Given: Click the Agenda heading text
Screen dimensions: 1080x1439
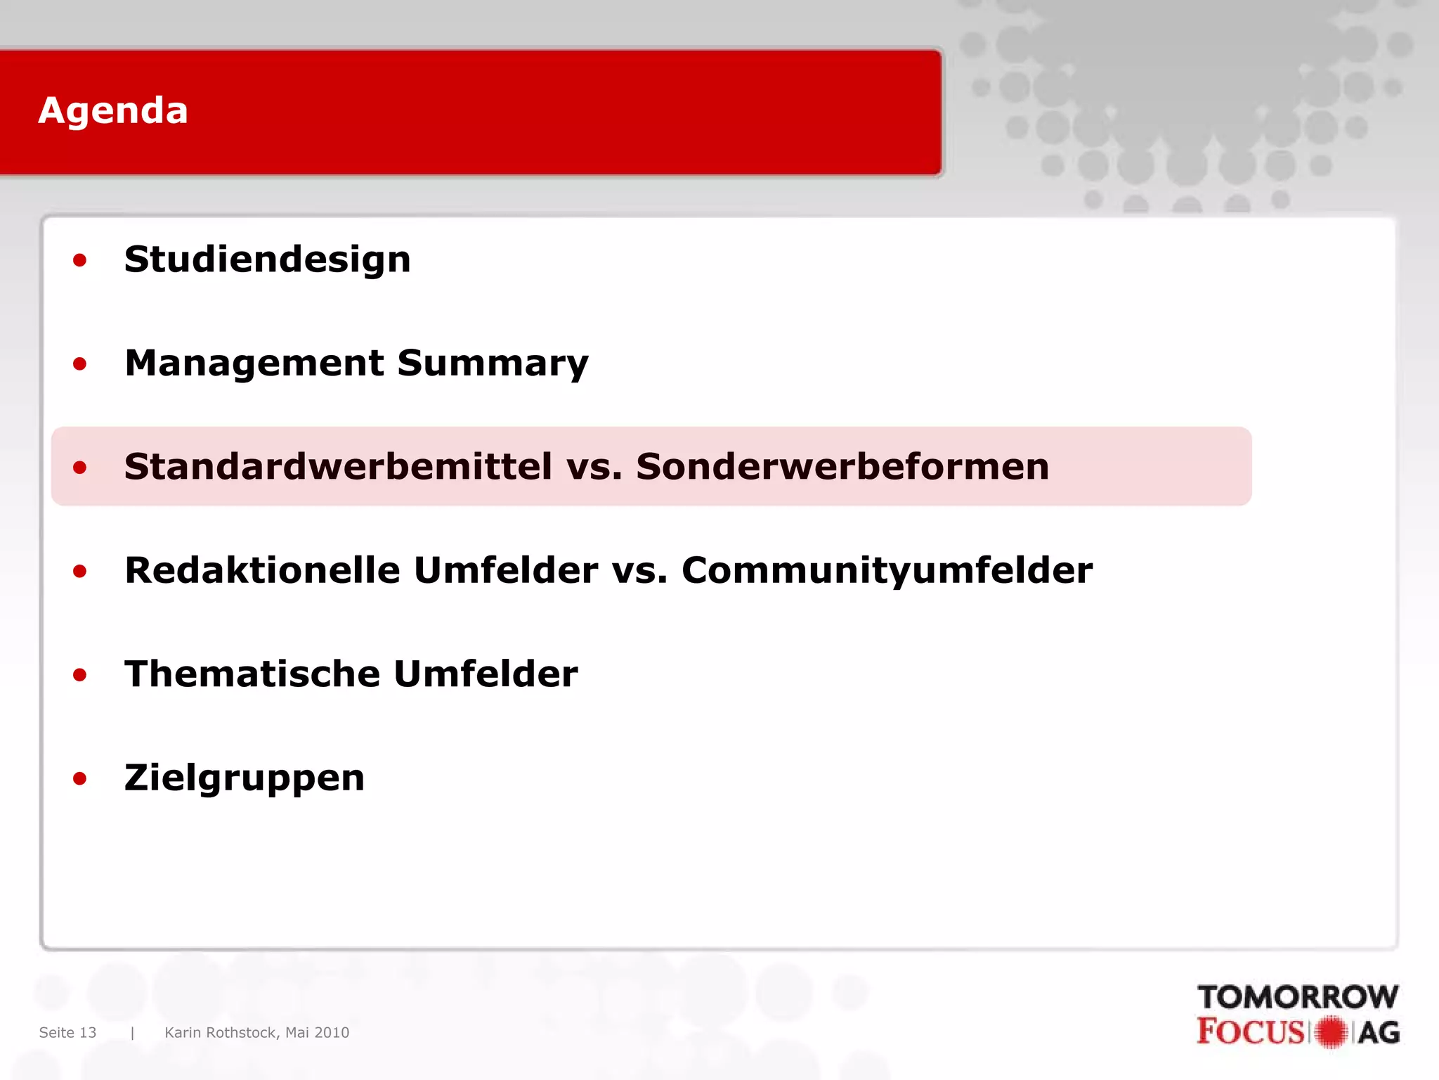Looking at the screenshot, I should (113, 111).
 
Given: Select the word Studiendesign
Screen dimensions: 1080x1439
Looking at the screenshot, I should (267, 259).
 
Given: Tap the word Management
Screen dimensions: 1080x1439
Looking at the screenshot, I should (254, 364).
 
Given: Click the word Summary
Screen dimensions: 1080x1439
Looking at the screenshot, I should (493, 364).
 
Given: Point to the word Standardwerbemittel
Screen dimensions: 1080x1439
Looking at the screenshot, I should (338, 467).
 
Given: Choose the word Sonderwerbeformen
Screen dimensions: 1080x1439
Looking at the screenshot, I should (842, 467).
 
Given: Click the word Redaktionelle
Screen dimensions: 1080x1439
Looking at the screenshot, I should (261, 570).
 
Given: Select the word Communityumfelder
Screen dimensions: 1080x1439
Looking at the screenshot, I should (887, 570).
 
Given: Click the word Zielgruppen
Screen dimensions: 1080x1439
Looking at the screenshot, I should (245, 778).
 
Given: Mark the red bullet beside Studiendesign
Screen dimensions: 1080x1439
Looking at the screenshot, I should (80, 261).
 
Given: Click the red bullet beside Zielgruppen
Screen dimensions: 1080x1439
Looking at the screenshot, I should (80, 779).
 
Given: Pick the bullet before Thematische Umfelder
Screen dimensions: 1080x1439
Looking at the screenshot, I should (80, 676).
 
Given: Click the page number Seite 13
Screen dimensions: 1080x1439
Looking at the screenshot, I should (67, 1032).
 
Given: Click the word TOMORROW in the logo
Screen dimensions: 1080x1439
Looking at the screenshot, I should (1298, 997).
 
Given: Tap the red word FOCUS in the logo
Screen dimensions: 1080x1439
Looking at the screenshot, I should (1250, 1032).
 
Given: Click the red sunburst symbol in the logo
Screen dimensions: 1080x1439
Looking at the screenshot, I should (1331, 1032).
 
